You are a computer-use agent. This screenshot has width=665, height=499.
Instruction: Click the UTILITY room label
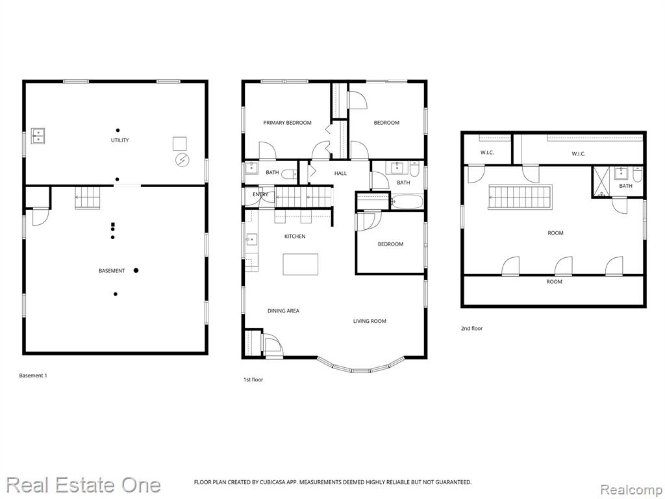(119, 140)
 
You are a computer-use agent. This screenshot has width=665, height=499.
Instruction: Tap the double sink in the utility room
(38, 136)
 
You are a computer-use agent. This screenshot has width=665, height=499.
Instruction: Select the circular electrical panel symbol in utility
(182, 160)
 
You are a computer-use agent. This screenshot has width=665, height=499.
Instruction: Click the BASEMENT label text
(112, 271)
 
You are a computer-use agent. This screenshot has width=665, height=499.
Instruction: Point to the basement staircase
(88, 198)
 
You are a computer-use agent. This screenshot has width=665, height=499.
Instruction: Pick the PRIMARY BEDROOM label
(287, 123)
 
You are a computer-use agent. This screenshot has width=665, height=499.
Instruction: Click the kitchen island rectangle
(301, 264)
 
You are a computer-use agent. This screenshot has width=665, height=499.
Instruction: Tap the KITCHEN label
(295, 237)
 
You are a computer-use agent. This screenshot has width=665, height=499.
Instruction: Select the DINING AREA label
(283, 311)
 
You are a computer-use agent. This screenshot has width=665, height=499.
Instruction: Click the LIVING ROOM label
(370, 321)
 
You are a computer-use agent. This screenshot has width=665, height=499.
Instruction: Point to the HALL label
(340, 173)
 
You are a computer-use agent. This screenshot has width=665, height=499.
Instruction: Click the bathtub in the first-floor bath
(407, 201)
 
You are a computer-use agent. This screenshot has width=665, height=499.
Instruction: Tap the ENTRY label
(260, 194)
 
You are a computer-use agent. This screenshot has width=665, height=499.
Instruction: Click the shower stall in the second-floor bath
(601, 182)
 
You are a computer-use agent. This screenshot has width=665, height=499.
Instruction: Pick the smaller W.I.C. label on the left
(487, 153)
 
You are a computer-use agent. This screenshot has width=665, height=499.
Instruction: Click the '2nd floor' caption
(471, 328)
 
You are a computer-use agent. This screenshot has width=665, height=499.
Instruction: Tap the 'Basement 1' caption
(33, 376)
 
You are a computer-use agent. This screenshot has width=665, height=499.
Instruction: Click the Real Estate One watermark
(84, 485)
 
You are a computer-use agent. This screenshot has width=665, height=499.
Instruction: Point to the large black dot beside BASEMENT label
(136, 270)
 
